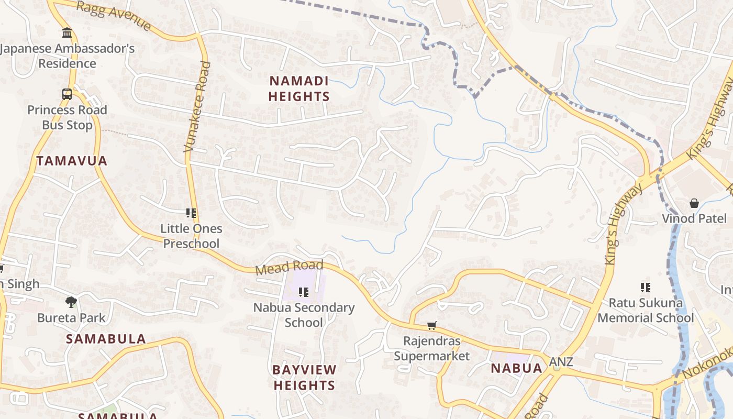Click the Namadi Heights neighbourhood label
coord(299,89)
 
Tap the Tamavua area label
coord(72,161)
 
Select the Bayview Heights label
coord(304,378)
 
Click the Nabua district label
coord(516,368)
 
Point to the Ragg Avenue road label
coord(114,16)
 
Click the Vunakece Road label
coord(197,107)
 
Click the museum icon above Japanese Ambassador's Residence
coord(67,33)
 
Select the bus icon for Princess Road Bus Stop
coord(67,94)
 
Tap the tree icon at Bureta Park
coord(71,302)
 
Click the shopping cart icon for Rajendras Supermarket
coord(432,326)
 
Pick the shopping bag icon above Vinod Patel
coord(694,203)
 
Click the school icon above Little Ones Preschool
coord(191,213)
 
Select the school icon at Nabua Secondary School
coord(304,292)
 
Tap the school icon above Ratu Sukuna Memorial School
coord(646,287)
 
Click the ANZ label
coord(561,362)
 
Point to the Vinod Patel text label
coord(694,218)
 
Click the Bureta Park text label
coord(71,318)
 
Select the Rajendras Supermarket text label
coord(432,349)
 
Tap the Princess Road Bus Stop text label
coord(67,118)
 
